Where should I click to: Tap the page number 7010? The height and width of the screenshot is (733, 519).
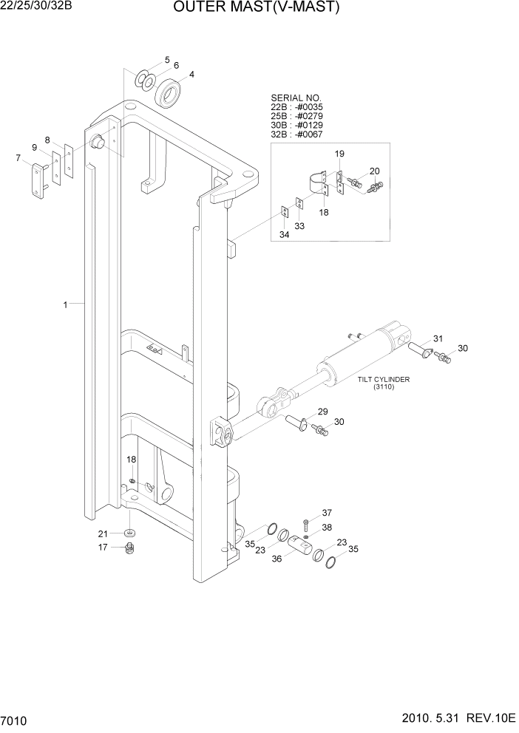coord(16,719)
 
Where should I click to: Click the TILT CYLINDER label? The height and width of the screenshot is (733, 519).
coord(383,380)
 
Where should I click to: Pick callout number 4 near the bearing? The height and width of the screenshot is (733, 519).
coord(191,74)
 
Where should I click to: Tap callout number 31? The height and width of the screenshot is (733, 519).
coord(438,338)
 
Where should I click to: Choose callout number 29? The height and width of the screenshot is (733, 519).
coord(322,412)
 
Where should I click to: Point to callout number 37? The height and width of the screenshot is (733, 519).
coord(326,513)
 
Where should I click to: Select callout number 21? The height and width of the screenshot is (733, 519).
coord(104,533)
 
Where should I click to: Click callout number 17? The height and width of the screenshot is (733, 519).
coord(104,548)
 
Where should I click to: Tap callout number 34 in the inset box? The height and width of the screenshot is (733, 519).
coord(284,235)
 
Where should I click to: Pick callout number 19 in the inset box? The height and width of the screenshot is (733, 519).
coord(339,154)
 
